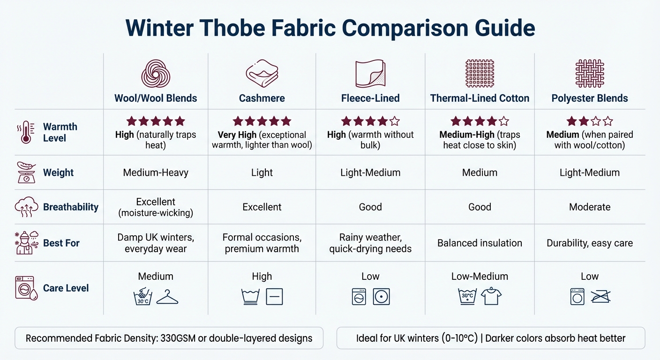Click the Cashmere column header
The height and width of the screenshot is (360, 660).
262,98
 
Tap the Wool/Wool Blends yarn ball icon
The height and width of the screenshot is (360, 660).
156,74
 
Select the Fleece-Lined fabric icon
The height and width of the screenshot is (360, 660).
370,73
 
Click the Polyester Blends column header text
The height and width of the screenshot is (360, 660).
589,98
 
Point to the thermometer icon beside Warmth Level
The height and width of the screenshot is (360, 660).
26,132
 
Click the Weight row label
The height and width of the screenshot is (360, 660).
58,172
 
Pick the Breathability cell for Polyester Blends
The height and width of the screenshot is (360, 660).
589,207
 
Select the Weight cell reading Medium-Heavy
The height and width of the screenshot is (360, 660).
156,172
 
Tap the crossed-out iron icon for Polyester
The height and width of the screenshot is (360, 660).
601,297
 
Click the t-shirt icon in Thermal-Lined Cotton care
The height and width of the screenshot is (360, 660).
491,296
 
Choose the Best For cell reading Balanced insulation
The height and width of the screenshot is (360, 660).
480,243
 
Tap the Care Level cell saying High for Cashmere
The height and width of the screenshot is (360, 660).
262,277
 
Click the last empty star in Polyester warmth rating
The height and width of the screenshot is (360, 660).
607,122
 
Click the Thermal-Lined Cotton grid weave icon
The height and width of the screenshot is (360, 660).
480,73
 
